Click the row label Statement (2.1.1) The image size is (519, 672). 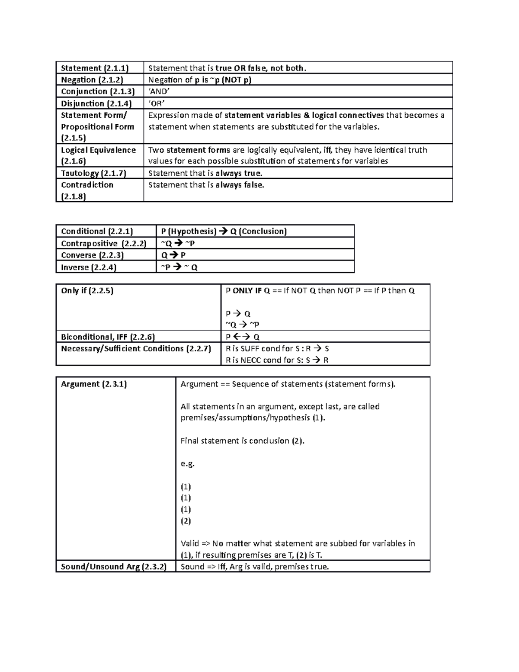[95, 68]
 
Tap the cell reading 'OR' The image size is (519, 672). [157, 103]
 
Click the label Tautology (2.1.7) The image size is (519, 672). [93, 173]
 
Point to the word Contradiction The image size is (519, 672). [87, 185]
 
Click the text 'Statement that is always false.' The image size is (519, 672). [206, 185]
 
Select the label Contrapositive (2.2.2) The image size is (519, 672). [104, 243]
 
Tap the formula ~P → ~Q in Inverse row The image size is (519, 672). [179, 267]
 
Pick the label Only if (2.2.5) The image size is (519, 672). [87, 291]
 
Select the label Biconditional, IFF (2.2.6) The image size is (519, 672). [108, 337]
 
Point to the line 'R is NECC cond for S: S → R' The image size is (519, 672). [277, 360]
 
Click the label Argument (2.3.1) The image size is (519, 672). [94, 384]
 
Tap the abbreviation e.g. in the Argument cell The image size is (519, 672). [188, 464]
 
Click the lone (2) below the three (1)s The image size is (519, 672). [186, 521]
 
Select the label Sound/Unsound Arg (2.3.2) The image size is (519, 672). [113, 566]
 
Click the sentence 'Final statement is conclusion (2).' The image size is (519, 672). [242, 441]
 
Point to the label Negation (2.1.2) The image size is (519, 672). [92, 80]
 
